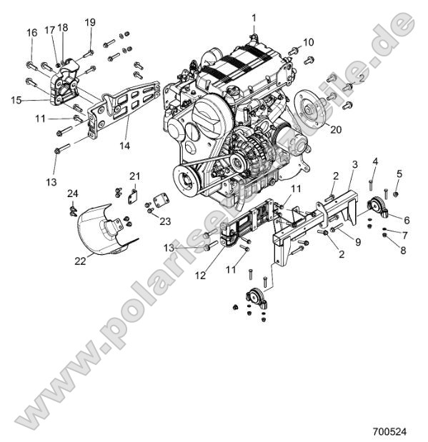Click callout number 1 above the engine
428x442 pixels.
click(x=252, y=16)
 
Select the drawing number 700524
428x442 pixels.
click(x=391, y=431)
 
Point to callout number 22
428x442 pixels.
click(x=81, y=261)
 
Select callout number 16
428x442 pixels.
click(x=32, y=33)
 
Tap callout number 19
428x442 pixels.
click(x=89, y=22)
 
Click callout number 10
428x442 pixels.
click(x=308, y=43)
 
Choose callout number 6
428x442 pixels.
click(x=407, y=220)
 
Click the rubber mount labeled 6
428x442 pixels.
click(x=377, y=209)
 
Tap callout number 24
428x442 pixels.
click(x=72, y=194)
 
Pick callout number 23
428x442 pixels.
click(x=166, y=221)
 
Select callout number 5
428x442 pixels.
click(x=399, y=174)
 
